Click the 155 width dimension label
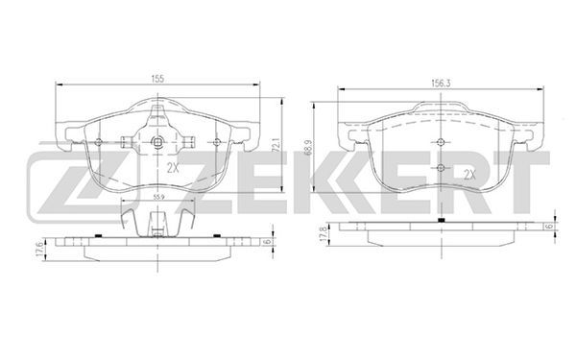point(157,79)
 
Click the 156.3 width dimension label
point(441,84)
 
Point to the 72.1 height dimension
point(277,145)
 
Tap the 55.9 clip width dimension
point(158,197)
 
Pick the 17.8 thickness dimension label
point(324,234)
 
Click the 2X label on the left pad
point(173,168)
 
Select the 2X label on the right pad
point(469,175)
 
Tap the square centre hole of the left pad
point(157,141)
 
